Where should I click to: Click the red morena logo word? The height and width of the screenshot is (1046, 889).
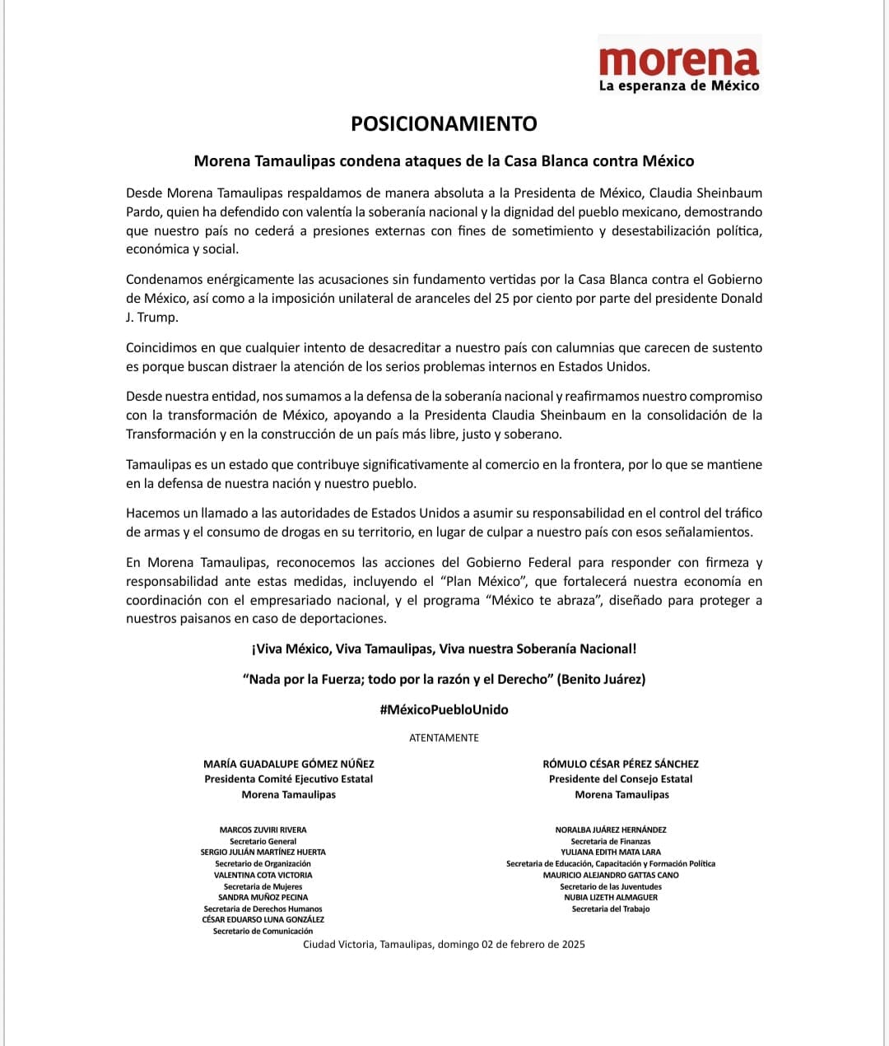click(679, 61)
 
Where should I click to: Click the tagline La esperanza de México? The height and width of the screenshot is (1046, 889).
click(679, 86)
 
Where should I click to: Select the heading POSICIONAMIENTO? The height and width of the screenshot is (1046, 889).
click(444, 123)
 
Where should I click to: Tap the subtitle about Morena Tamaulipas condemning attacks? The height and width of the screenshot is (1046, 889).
click(444, 161)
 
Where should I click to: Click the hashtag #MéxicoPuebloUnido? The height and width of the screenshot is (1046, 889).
click(444, 709)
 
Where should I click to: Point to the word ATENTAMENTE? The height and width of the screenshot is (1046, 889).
click(444, 737)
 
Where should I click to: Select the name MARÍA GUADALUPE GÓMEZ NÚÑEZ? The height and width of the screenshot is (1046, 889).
click(288, 764)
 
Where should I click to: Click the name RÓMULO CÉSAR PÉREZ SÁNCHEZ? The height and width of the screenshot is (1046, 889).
click(621, 764)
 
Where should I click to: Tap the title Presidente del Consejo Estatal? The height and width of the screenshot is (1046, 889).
click(621, 779)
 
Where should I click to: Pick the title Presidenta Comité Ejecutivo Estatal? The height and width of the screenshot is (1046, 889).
click(288, 779)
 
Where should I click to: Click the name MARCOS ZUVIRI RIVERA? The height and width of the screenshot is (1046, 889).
click(263, 830)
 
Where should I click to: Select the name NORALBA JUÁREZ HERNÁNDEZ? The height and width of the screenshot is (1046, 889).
click(611, 830)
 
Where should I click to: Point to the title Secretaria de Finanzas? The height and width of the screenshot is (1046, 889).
click(611, 841)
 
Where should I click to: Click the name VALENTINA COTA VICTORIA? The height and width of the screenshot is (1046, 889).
click(263, 875)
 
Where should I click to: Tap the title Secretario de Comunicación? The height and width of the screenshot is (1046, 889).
click(263, 931)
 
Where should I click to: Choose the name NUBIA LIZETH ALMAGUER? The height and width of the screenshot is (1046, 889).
click(611, 897)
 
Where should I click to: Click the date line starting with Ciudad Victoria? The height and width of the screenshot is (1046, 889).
click(444, 944)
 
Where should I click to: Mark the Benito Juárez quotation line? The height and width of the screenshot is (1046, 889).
click(444, 679)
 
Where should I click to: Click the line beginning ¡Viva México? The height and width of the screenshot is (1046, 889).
click(444, 649)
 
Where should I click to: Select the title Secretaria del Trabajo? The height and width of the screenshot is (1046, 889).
click(611, 909)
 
